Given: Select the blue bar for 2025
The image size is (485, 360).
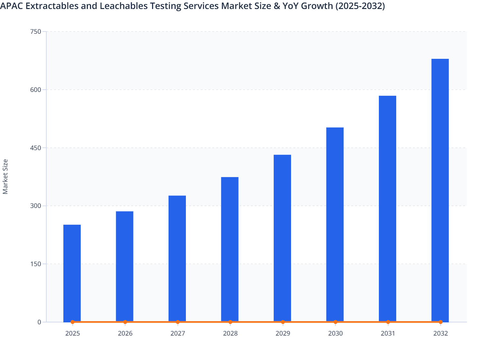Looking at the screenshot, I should (x=72, y=273).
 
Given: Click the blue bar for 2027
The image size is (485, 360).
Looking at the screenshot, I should (x=177, y=259).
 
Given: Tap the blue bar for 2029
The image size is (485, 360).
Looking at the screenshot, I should (x=282, y=238).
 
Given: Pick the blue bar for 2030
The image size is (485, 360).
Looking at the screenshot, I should (x=335, y=225).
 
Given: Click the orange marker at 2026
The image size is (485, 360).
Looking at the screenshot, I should (x=125, y=322).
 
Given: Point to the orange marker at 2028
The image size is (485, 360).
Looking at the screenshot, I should (x=230, y=322).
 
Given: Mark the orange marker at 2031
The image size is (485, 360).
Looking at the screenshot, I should (x=388, y=322).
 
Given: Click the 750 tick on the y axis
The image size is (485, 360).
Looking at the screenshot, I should (x=35, y=32).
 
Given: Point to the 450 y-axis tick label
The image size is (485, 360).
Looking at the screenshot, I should (x=35, y=148).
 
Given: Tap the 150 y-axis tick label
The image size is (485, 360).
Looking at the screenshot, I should (x=35, y=264).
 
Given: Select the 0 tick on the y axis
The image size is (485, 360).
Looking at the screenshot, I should (x=39, y=322).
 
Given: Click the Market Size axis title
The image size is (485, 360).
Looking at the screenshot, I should (x=5, y=176).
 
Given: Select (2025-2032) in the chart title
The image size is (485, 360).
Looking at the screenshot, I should (x=360, y=6).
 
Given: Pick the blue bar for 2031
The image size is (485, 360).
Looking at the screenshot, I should (x=387, y=209).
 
